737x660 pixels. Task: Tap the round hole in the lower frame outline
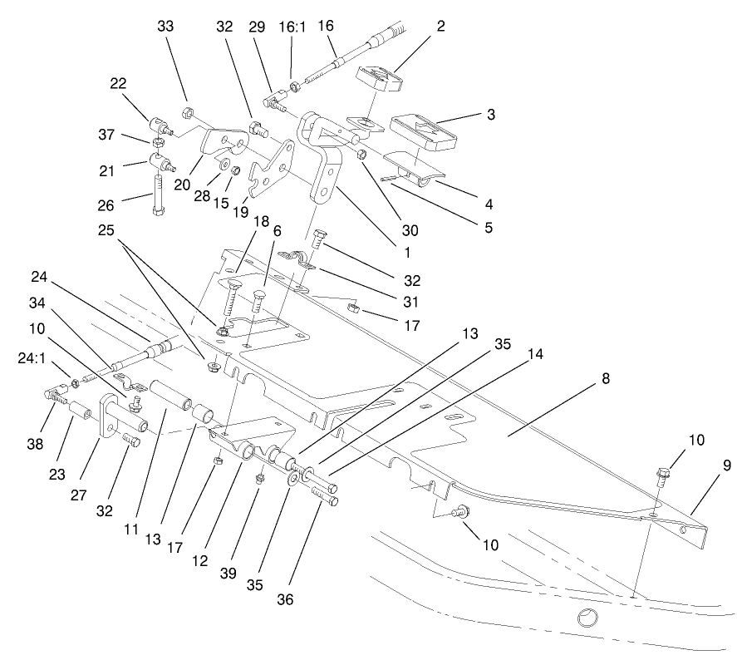[587, 618]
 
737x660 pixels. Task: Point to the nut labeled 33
[189, 111]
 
